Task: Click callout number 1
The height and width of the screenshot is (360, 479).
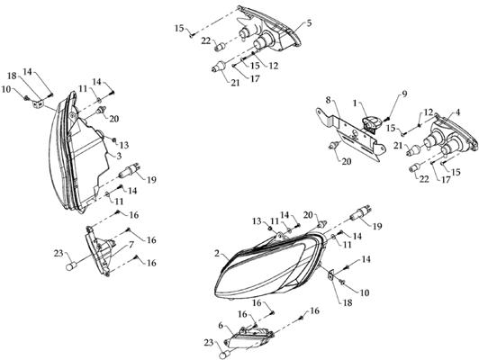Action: pyautogui.click(x=355, y=103)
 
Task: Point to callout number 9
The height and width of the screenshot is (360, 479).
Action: pyautogui.click(x=404, y=94)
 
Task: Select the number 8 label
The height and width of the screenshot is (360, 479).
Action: pyautogui.click(x=328, y=101)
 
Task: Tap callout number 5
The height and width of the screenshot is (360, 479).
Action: pyautogui.click(x=309, y=22)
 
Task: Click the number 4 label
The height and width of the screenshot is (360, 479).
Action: pyautogui.click(x=457, y=112)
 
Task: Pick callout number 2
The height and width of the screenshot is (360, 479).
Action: pyautogui.click(x=217, y=253)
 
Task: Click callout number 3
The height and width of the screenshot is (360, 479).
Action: pyautogui.click(x=119, y=156)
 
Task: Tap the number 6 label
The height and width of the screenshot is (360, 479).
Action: pyautogui.click(x=221, y=326)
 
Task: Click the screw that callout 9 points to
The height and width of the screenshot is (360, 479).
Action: pyautogui.click(x=388, y=118)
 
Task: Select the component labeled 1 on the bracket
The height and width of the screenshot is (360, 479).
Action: pyautogui.click(x=371, y=122)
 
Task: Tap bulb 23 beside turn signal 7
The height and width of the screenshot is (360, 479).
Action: pyautogui.click(x=71, y=266)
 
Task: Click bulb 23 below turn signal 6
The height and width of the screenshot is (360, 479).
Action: pyautogui.click(x=225, y=355)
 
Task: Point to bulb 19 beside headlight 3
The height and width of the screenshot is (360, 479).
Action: pyautogui.click(x=130, y=171)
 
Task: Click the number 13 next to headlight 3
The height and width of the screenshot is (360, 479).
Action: pyautogui.click(x=124, y=145)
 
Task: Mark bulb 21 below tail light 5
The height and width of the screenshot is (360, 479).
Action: pyautogui.click(x=219, y=67)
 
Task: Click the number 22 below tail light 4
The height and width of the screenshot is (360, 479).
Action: pyautogui.click(x=424, y=178)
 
